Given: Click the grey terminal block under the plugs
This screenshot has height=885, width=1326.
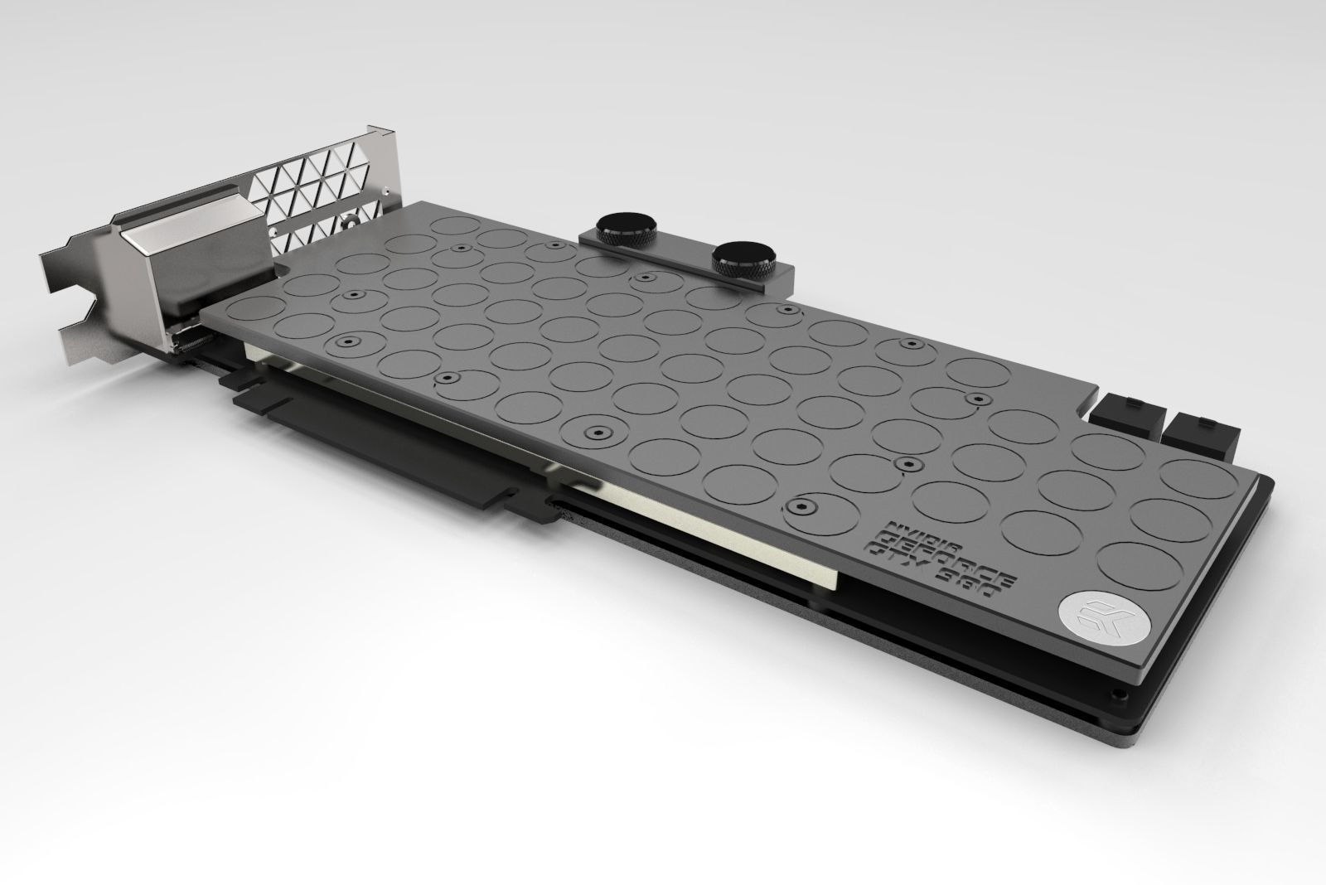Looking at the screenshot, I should (x=688, y=262).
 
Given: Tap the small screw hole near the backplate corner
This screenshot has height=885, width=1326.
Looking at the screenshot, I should (x=1121, y=691).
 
